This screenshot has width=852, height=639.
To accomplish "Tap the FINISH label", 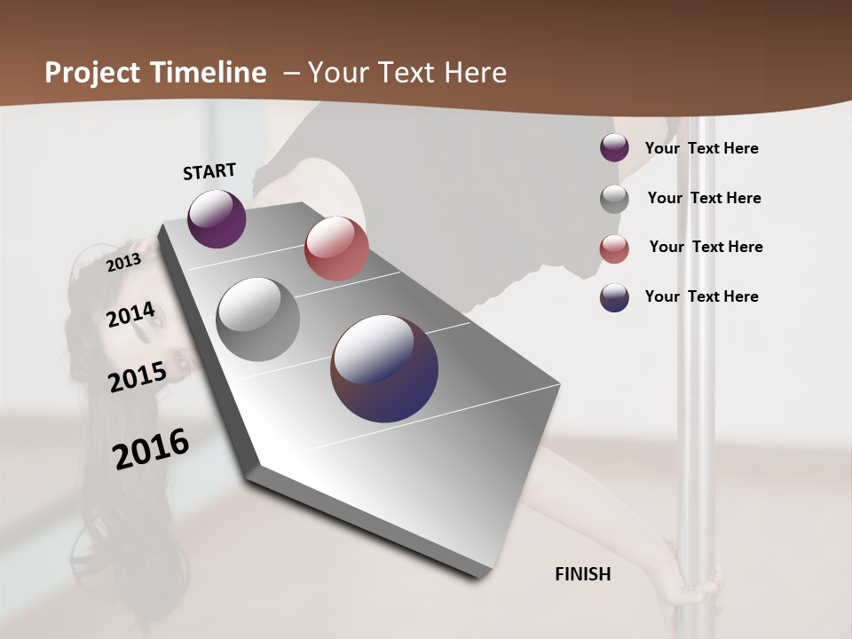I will pyautogui.click(x=583, y=574).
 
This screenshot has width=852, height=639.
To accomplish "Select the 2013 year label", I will pyautogui.click(x=123, y=263).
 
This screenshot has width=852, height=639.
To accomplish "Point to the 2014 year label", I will pyautogui.click(x=130, y=315).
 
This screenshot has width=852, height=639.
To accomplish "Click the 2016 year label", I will pyautogui.click(x=151, y=449).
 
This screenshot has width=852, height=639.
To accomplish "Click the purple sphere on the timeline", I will pyautogui.click(x=217, y=218).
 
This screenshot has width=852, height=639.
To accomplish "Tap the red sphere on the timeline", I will pyautogui.click(x=336, y=248).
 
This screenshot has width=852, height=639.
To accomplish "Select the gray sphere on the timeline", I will pyautogui.click(x=258, y=319).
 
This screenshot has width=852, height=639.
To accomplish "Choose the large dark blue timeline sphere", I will pyautogui.click(x=384, y=368).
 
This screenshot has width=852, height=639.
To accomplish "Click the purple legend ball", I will pyautogui.click(x=614, y=148).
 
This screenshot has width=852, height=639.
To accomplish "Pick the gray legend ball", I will pyautogui.click(x=614, y=199).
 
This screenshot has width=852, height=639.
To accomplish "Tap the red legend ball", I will pyautogui.click(x=614, y=248).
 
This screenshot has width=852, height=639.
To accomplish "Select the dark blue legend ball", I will pyautogui.click(x=614, y=297).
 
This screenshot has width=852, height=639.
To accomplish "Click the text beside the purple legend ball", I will pyautogui.click(x=701, y=148).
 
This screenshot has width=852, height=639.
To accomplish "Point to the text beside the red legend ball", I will pyautogui.click(x=706, y=247).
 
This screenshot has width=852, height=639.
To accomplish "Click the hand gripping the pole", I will pyautogui.click(x=693, y=585).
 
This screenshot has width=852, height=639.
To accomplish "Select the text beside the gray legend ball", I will pyautogui.click(x=704, y=198).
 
